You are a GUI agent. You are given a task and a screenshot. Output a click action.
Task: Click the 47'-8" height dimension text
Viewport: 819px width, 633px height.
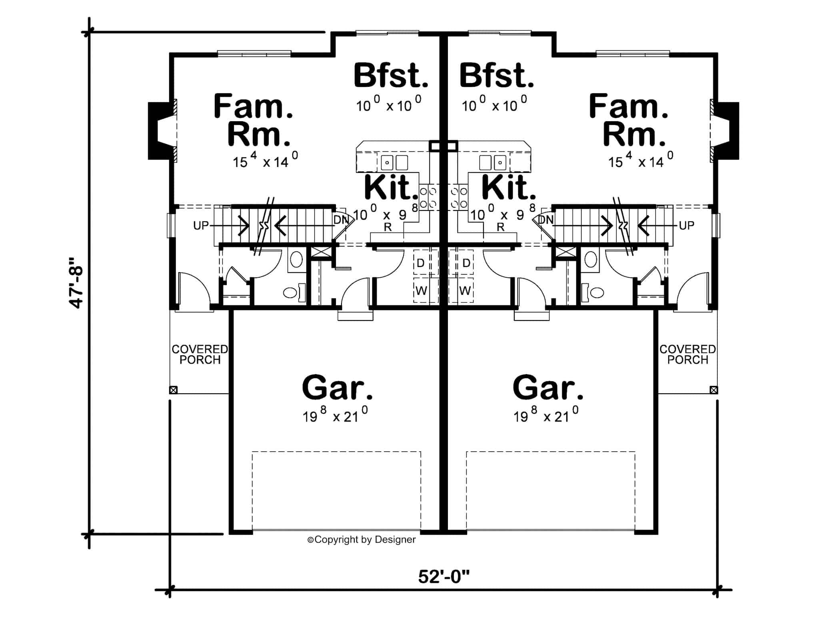click(x=76, y=282)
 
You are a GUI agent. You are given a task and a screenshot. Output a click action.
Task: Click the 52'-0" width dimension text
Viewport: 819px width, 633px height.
click(x=443, y=577)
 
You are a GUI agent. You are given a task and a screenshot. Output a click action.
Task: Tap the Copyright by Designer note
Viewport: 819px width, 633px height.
click(x=362, y=540)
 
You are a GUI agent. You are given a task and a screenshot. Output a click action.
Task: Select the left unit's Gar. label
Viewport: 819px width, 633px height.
click(x=337, y=388)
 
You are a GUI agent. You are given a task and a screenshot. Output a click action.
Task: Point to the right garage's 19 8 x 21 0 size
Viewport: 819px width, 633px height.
click(x=546, y=415)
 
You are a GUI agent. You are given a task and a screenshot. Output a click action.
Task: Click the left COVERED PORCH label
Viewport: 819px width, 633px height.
click(x=200, y=355)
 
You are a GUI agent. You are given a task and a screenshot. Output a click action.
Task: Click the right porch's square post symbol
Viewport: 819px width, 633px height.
click(x=713, y=390)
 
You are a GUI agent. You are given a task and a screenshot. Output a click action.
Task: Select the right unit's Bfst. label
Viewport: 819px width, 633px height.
click(x=496, y=76)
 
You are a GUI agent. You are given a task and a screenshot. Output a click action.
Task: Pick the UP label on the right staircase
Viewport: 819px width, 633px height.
click(x=686, y=226)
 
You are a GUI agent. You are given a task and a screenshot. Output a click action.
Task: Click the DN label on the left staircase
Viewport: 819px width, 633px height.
click(x=341, y=220)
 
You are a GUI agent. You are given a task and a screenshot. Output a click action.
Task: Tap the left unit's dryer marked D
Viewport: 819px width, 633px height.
click(x=420, y=263)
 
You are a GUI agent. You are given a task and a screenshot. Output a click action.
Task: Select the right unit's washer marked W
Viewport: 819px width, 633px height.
click(x=465, y=290)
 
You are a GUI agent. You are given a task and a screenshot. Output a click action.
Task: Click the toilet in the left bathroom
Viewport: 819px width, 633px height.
click(x=292, y=293)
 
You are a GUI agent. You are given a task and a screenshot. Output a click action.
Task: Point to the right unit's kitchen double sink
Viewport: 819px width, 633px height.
click(x=493, y=162)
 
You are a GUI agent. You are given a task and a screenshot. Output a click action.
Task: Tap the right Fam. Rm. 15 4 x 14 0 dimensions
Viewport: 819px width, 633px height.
click(x=640, y=161)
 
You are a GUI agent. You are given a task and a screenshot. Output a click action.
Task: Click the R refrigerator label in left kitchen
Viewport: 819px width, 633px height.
click(x=388, y=227)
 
